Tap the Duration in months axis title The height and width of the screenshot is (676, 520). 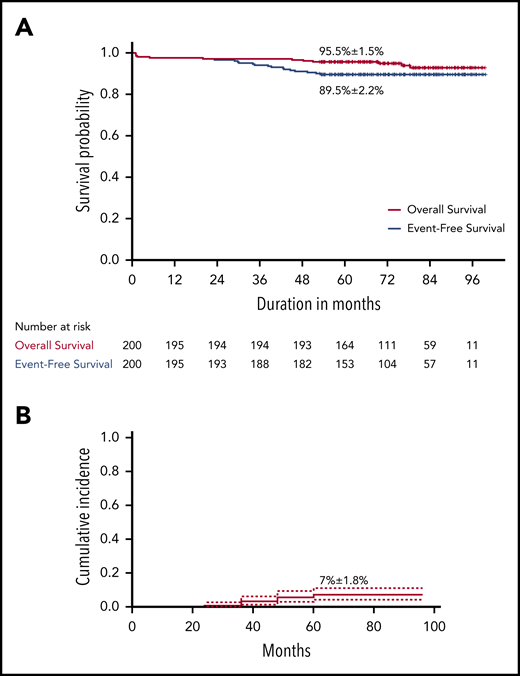pos(309,300)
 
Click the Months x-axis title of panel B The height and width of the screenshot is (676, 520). pos(283,647)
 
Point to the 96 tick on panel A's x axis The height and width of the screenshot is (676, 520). pos(470,279)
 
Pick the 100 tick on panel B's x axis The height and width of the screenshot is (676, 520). pos(435,625)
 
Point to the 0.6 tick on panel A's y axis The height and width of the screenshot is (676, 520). pos(112,135)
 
